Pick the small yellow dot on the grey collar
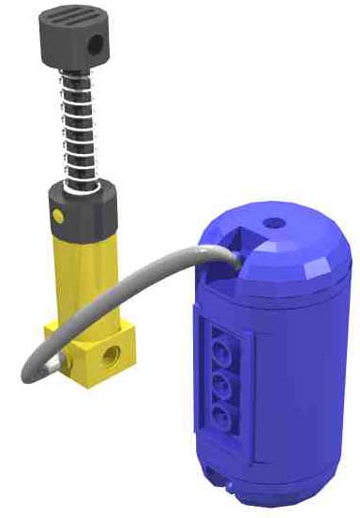coord(58,217)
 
